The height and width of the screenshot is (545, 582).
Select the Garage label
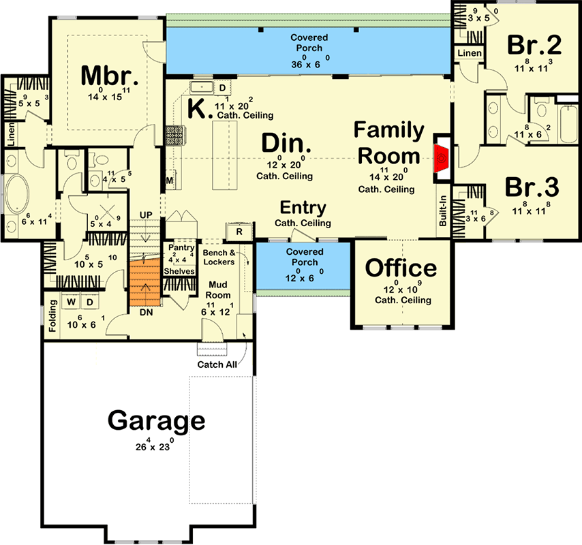pyautogui.click(x=156, y=421)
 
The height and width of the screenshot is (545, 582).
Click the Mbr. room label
pyautogui.click(x=110, y=76)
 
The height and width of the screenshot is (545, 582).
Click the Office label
pyautogui.click(x=401, y=268)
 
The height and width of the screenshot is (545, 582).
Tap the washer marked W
pyautogui.click(x=71, y=300)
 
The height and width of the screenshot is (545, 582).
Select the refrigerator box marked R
pyautogui.click(x=239, y=232)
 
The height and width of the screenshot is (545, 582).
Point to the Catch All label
pyautogui.click(x=217, y=364)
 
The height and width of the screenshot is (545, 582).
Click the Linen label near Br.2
pyautogui.click(x=470, y=52)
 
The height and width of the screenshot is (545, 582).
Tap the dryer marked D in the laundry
pyautogui.click(x=90, y=300)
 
